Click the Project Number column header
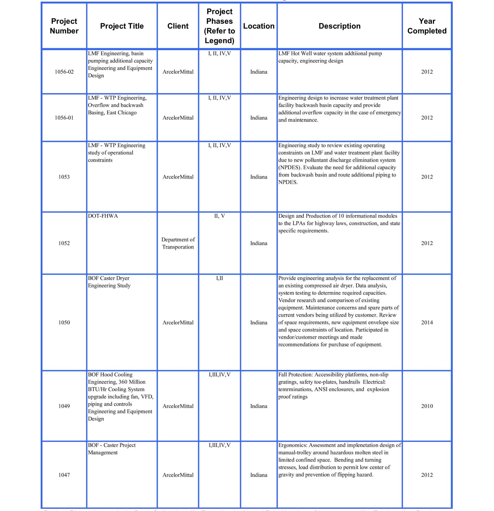tap(64, 26)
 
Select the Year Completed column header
tap(427, 26)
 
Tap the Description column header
tap(339, 26)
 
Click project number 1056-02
tap(64, 72)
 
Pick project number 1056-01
tap(64, 118)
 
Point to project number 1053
tap(64, 177)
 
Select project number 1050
tap(64, 322)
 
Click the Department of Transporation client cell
tap(178, 243)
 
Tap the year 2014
tap(427, 322)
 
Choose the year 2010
tap(427, 406)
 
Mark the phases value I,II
tap(219, 278)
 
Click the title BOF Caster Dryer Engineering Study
tap(109, 282)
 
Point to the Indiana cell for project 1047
tap(258, 475)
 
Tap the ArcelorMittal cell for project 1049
tap(178, 406)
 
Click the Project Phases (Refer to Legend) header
tap(219, 26)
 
